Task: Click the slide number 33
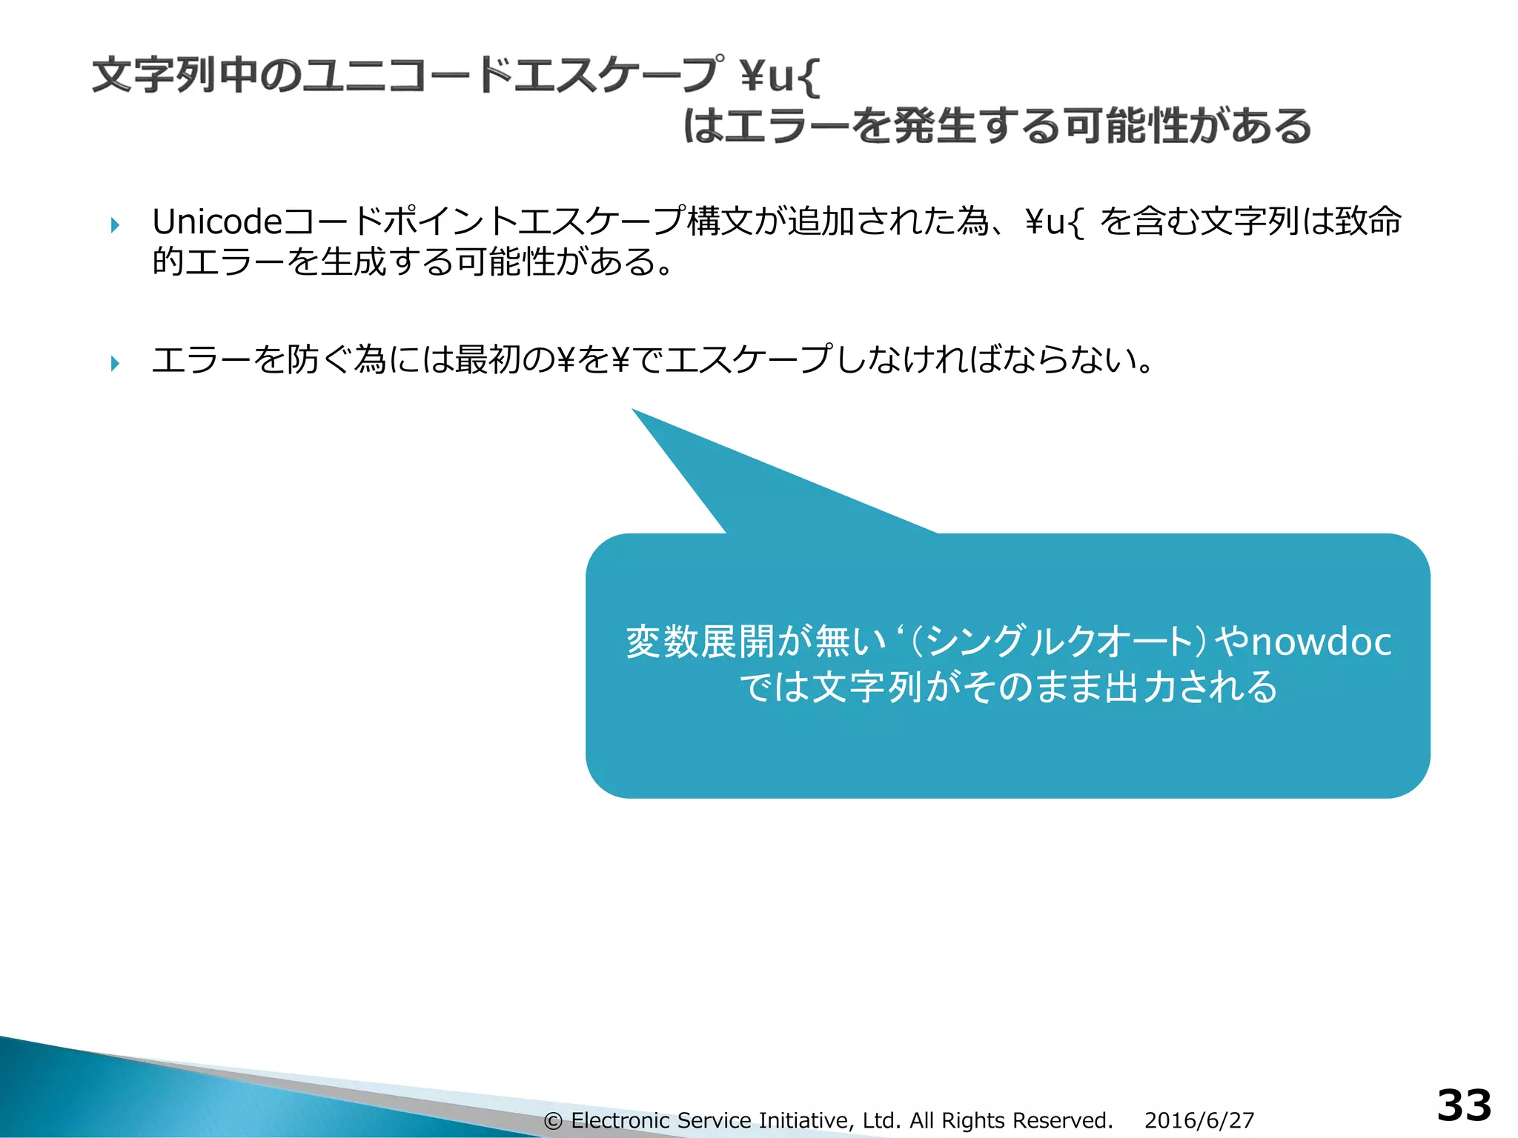[x=1464, y=1106]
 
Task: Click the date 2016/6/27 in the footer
[x=1199, y=1120]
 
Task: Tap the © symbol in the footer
[x=553, y=1121]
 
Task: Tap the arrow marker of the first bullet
[x=115, y=224]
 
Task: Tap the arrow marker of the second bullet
[x=115, y=363]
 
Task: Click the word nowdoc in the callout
[x=1321, y=642]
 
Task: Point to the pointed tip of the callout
[x=634, y=410]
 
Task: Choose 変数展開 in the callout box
[x=700, y=642]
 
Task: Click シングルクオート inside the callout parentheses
[x=1058, y=642]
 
